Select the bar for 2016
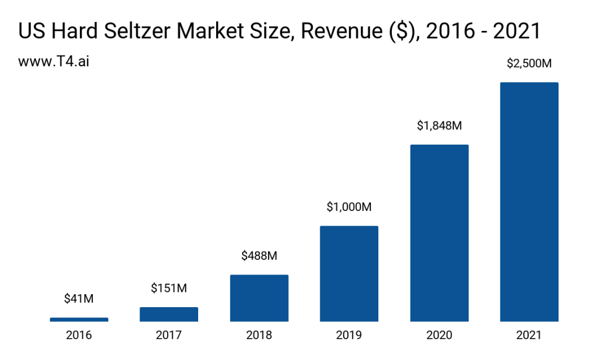coord(79,319)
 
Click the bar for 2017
coord(169,314)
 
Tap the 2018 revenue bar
coord(259,298)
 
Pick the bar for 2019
coord(349,274)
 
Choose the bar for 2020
coord(439,233)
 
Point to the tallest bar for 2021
coord(529,202)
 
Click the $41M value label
coord(79,299)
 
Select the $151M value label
coord(169,288)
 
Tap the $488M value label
coord(259,256)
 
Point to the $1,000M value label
coord(349,207)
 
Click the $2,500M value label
coord(529,64)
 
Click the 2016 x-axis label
coord(79,335)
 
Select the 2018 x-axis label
coord(259,335)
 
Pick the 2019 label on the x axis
coord(349,335)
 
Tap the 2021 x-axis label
coord(529,335)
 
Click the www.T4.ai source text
coord(53,61)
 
